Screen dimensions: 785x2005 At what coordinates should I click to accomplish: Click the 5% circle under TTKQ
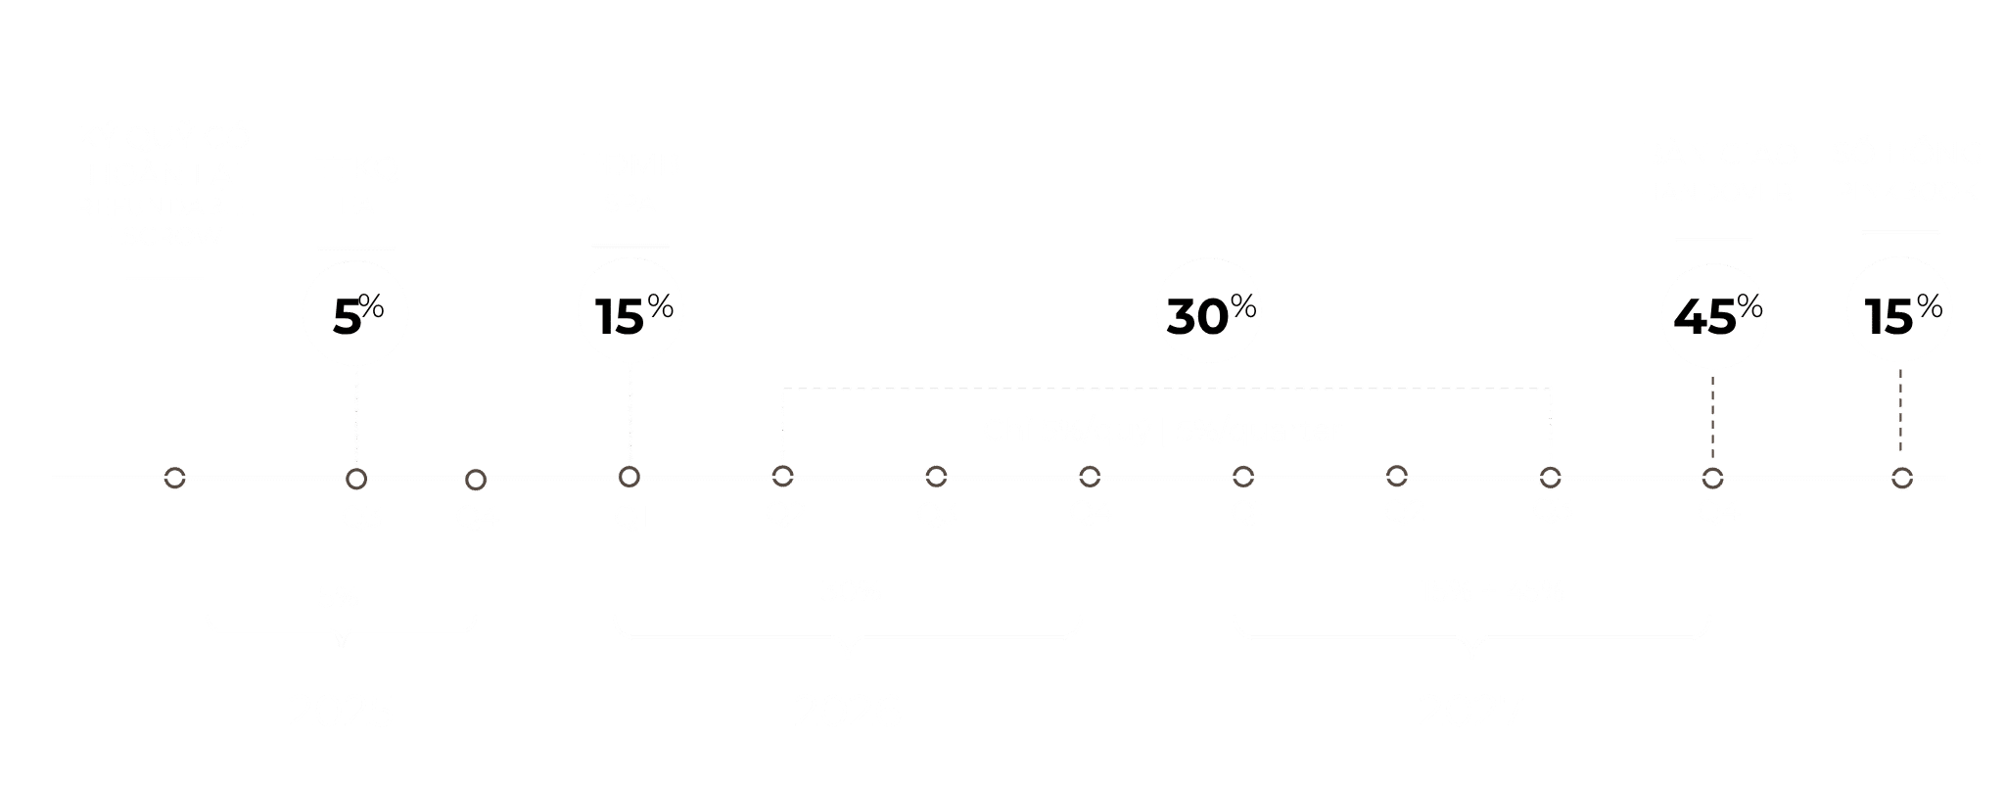355,315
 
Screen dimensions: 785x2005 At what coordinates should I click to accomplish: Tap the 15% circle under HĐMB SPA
630,313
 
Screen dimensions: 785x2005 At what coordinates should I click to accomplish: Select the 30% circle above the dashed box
1208,313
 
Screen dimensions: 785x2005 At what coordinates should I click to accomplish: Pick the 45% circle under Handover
1714,315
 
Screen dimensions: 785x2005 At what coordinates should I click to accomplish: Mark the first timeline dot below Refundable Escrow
174,479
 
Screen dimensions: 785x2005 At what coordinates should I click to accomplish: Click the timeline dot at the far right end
1901,479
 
